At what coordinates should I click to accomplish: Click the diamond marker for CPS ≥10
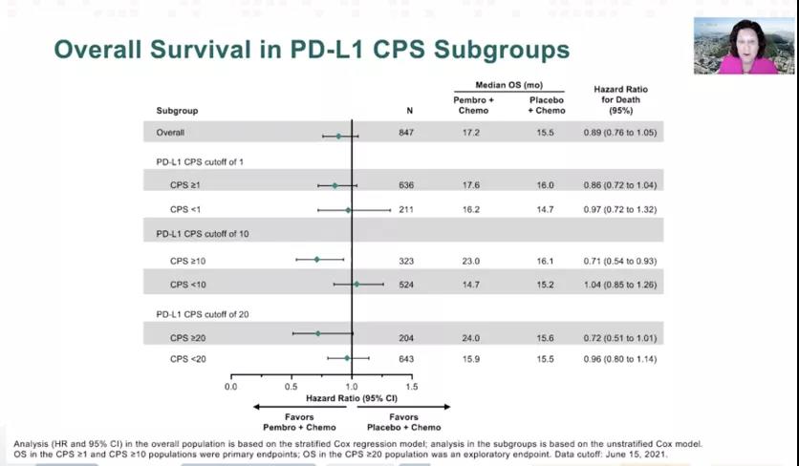tap(317, 260)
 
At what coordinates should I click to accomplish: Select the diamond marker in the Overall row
tap(338, 136)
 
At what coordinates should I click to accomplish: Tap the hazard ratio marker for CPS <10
tap(356, 285)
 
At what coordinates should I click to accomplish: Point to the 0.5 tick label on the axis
tap(291, 387)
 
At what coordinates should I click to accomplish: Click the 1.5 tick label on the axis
tap(411, 387)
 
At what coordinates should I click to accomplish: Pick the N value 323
tap(406, 261)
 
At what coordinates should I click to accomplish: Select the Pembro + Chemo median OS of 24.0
tap(472, 336)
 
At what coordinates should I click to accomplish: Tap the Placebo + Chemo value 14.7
tap(546, 209)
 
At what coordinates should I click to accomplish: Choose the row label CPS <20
tap(187, 359)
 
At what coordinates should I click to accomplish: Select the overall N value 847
tap(406, 133)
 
